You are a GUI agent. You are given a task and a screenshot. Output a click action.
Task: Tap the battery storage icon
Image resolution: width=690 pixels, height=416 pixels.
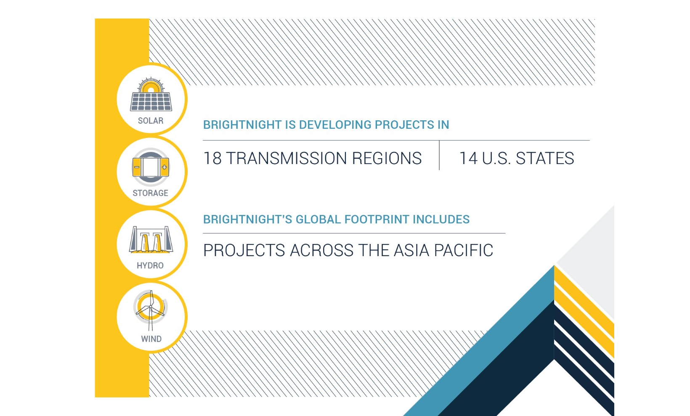(151, 167)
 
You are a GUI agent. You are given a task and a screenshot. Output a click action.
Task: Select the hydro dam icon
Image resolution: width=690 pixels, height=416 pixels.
(151, 240)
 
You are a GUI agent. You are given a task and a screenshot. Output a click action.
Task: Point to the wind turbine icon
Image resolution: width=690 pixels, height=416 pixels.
(151, 310)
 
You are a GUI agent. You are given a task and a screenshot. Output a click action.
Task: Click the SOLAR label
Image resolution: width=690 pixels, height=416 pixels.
(151, 121)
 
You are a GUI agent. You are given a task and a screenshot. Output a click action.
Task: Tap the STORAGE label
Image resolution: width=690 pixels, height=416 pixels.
(150, 193)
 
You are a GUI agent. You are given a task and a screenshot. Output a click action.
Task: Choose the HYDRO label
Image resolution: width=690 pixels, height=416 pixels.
(150, 265)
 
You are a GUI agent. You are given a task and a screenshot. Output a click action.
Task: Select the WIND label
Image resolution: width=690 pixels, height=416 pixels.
(151, 339)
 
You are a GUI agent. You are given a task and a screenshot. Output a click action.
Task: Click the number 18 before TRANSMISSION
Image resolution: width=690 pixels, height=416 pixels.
(212, 158)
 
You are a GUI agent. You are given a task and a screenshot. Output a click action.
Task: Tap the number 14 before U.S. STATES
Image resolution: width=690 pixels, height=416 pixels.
(469, 158)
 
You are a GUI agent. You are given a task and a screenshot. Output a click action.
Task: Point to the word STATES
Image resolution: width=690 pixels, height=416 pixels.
(545, 158)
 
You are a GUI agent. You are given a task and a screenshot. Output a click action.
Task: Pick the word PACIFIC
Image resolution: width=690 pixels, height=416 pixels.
(464, 250)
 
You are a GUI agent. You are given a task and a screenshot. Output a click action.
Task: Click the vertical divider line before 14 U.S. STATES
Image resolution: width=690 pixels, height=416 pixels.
(439, 155)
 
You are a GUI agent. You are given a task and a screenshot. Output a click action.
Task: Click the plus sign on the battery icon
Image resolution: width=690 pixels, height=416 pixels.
(165, 167)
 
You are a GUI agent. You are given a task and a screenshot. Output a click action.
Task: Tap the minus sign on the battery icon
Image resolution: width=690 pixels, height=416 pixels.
(137, 167)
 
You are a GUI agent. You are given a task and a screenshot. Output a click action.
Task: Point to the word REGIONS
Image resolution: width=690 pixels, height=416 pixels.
(387, 158)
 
